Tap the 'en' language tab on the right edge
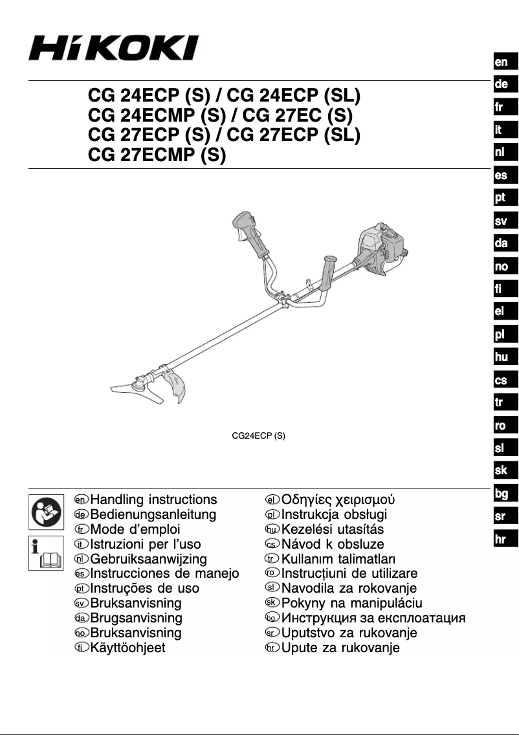pyautogui.click(x=502, y=62)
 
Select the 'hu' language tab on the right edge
pyautogui.click(x=502, y=357)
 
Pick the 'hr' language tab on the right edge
pyautogui.click(x=502, y=539)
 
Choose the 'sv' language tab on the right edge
pyautogui.click(x=502, y=221)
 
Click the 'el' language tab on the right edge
pyautogui.click(x=502, y=311)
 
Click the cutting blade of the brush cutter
pyautogui.click(x=139, y=389)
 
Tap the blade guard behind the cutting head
pyautogui.click(x=178, y=388)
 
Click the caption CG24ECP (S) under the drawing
pyautogui.click(x=259, y=436)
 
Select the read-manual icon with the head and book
pyautogui.click(x=47, y=510)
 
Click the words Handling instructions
pyautogui.click(x=154, y=500)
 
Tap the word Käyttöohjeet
pyautogui.click(x=128, y=648)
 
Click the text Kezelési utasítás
pyautogui.click(x=333, y=529)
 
